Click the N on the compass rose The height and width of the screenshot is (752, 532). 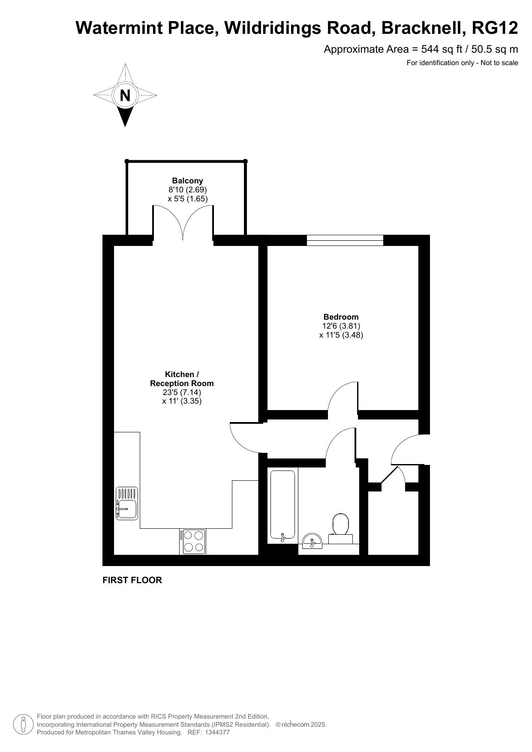[x=125, y=95]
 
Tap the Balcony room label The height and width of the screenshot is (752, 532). [x=187, y=181]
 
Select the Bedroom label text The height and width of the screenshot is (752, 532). [x=341, y=317]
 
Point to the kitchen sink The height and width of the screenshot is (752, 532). [x=127, y=504]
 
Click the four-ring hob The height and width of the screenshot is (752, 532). [x=192, y=542]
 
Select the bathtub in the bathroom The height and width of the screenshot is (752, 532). [x=283, y=506]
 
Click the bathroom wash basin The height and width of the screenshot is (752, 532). [x=312, y=541]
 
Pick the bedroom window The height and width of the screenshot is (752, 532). [x=345, y=240]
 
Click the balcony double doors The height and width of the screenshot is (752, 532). [x=183, y=222]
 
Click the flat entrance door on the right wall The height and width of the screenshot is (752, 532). [x=408, y=449]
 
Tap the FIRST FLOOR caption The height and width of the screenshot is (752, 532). [x=132, y=580]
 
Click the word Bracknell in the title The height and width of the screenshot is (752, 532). [x=422, y=28]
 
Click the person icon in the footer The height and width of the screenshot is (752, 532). [x=24, y=724]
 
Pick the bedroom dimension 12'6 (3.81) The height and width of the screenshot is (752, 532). [x=341, y=326]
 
